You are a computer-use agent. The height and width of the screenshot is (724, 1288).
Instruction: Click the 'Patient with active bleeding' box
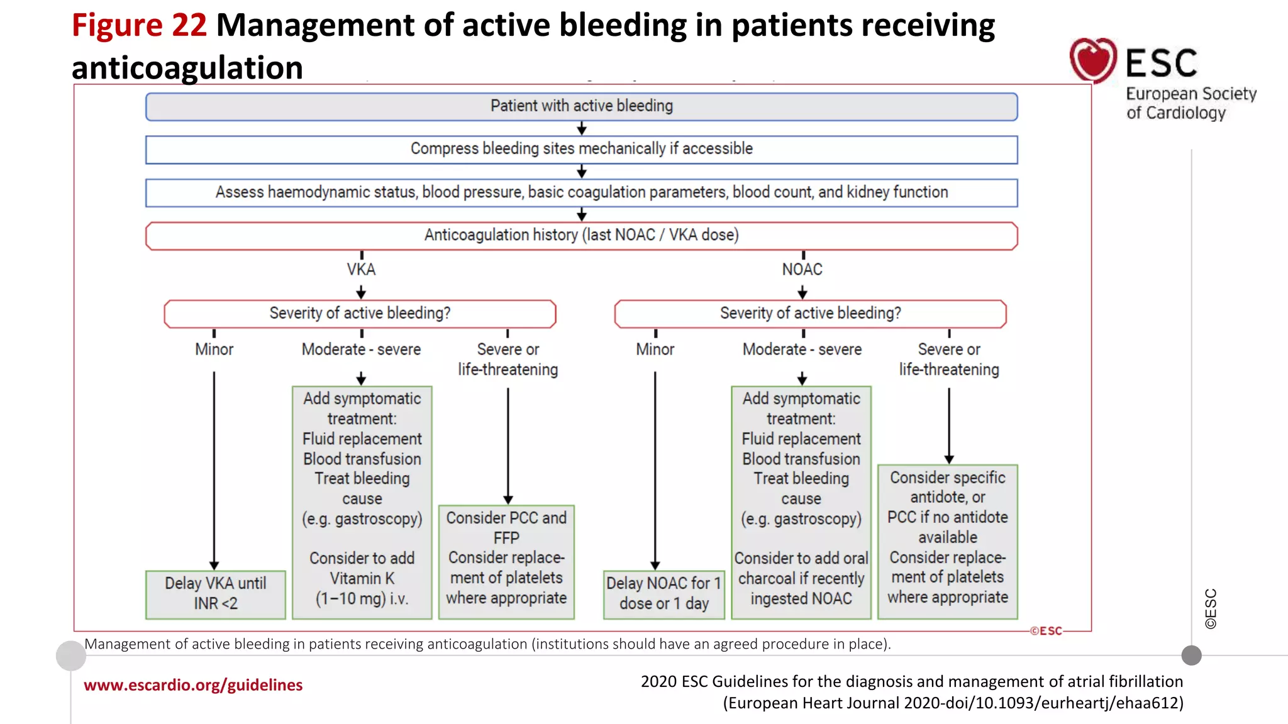coord(581,106)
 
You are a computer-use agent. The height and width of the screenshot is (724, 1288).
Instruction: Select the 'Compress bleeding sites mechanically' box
coord(581,150)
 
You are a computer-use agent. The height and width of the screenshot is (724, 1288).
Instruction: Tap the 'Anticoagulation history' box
coord(581,236)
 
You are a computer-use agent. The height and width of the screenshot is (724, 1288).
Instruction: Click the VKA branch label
coord(361,270)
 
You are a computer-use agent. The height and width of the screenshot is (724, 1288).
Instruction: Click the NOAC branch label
coord(802,270)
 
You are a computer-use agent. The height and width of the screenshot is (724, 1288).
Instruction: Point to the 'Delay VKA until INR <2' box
coord(215,594)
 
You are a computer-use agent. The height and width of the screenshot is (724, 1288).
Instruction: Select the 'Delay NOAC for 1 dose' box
coord(663,594)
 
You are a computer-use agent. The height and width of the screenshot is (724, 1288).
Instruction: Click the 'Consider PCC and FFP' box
coord(506,561)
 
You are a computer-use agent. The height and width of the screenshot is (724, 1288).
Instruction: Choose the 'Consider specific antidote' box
coord(947,541)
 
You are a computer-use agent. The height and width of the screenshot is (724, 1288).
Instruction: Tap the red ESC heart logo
coord(1093,60)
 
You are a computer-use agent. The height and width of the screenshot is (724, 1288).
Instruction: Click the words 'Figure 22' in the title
coord(139,26)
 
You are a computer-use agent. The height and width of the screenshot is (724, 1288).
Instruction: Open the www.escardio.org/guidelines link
coord(193,685)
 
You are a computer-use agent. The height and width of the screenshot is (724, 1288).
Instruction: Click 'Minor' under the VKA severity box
coord(214,349)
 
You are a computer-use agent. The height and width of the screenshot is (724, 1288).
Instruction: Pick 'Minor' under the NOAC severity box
coord(655,349)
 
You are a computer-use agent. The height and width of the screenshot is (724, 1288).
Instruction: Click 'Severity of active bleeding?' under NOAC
coord(810,314)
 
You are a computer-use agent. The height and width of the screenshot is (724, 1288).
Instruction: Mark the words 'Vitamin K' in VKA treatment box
coord(362,579)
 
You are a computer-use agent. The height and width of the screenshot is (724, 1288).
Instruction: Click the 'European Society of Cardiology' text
coord(1190,104)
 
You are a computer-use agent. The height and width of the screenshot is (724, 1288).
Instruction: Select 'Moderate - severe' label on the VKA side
coord(361,349)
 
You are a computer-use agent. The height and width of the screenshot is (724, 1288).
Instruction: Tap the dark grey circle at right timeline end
coord(1191,655)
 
